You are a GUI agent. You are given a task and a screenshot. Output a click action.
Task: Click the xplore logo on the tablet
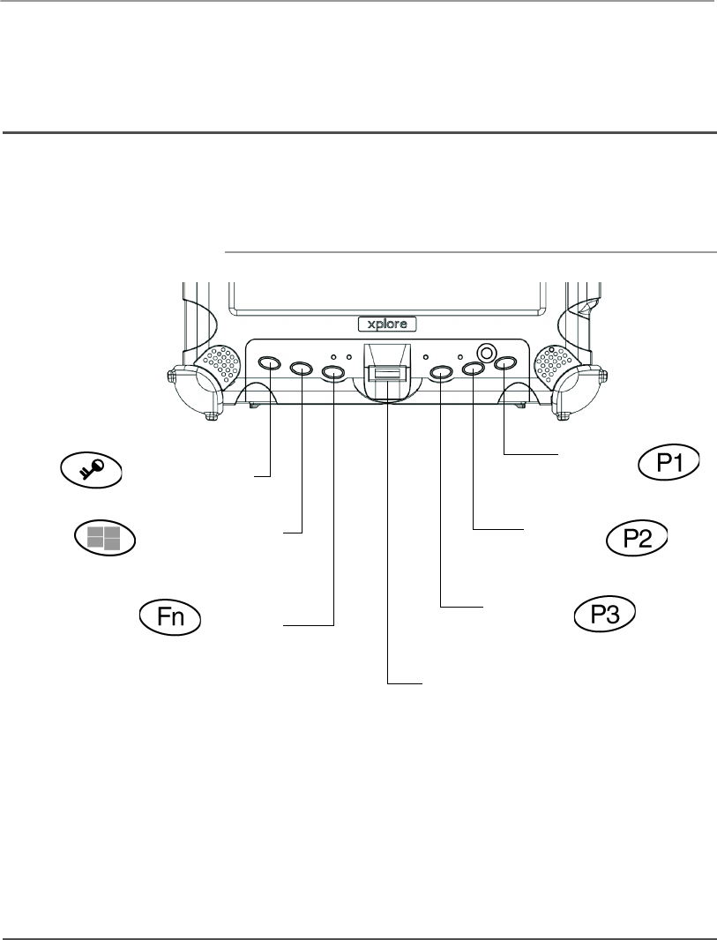click(x=387, y=324)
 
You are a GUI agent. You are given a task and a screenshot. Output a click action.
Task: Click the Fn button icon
click(x=169, y=615)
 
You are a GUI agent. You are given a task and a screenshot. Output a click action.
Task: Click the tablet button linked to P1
click(x=504, y=363)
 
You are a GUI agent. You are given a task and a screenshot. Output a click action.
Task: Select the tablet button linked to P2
click(x=474, y=370)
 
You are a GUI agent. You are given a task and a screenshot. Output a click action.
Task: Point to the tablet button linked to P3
click(x=441, y=374)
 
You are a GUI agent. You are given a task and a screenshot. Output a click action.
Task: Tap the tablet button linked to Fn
click(x=333, y=374)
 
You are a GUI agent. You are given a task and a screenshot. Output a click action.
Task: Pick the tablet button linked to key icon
click(x=270, y=363)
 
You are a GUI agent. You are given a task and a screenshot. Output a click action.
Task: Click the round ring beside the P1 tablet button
click(x=484, y=352)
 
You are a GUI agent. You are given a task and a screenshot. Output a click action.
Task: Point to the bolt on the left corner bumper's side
click(x=169, y=377)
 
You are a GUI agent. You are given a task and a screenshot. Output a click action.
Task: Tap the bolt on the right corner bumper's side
click(x=604, y=377)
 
